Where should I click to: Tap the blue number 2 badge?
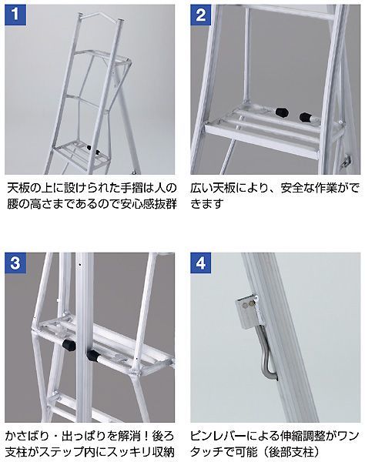(x=200, y=13)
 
